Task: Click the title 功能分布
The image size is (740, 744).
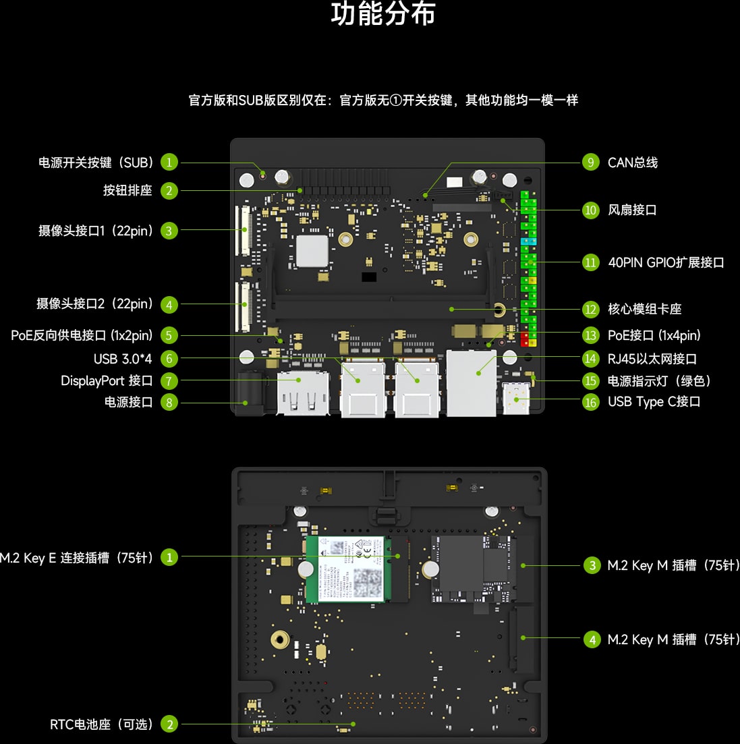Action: pos(383,15)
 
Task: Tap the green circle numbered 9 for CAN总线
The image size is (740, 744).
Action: pos(590,163)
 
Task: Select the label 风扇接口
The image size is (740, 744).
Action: pos(632,210)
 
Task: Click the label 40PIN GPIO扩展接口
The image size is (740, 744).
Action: pos(666,262)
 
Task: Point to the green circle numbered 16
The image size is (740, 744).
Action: pos(590,402)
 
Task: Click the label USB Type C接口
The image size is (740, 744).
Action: pos(654,401)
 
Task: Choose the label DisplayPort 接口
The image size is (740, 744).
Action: pos(107,380)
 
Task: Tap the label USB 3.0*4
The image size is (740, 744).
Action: pos(123,358)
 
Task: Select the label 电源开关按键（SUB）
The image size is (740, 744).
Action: pos(96,163)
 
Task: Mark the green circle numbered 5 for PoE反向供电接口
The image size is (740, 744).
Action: pos(169,335)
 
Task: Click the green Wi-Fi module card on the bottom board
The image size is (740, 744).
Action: pos(345,569)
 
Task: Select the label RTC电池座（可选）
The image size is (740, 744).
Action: pos(102,724)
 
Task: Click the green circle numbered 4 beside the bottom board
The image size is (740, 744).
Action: pos(592,639)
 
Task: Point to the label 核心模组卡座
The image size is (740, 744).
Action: pos(644,309)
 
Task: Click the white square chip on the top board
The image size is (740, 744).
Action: pos(312,251)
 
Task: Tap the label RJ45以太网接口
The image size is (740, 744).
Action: pos(652,359)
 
